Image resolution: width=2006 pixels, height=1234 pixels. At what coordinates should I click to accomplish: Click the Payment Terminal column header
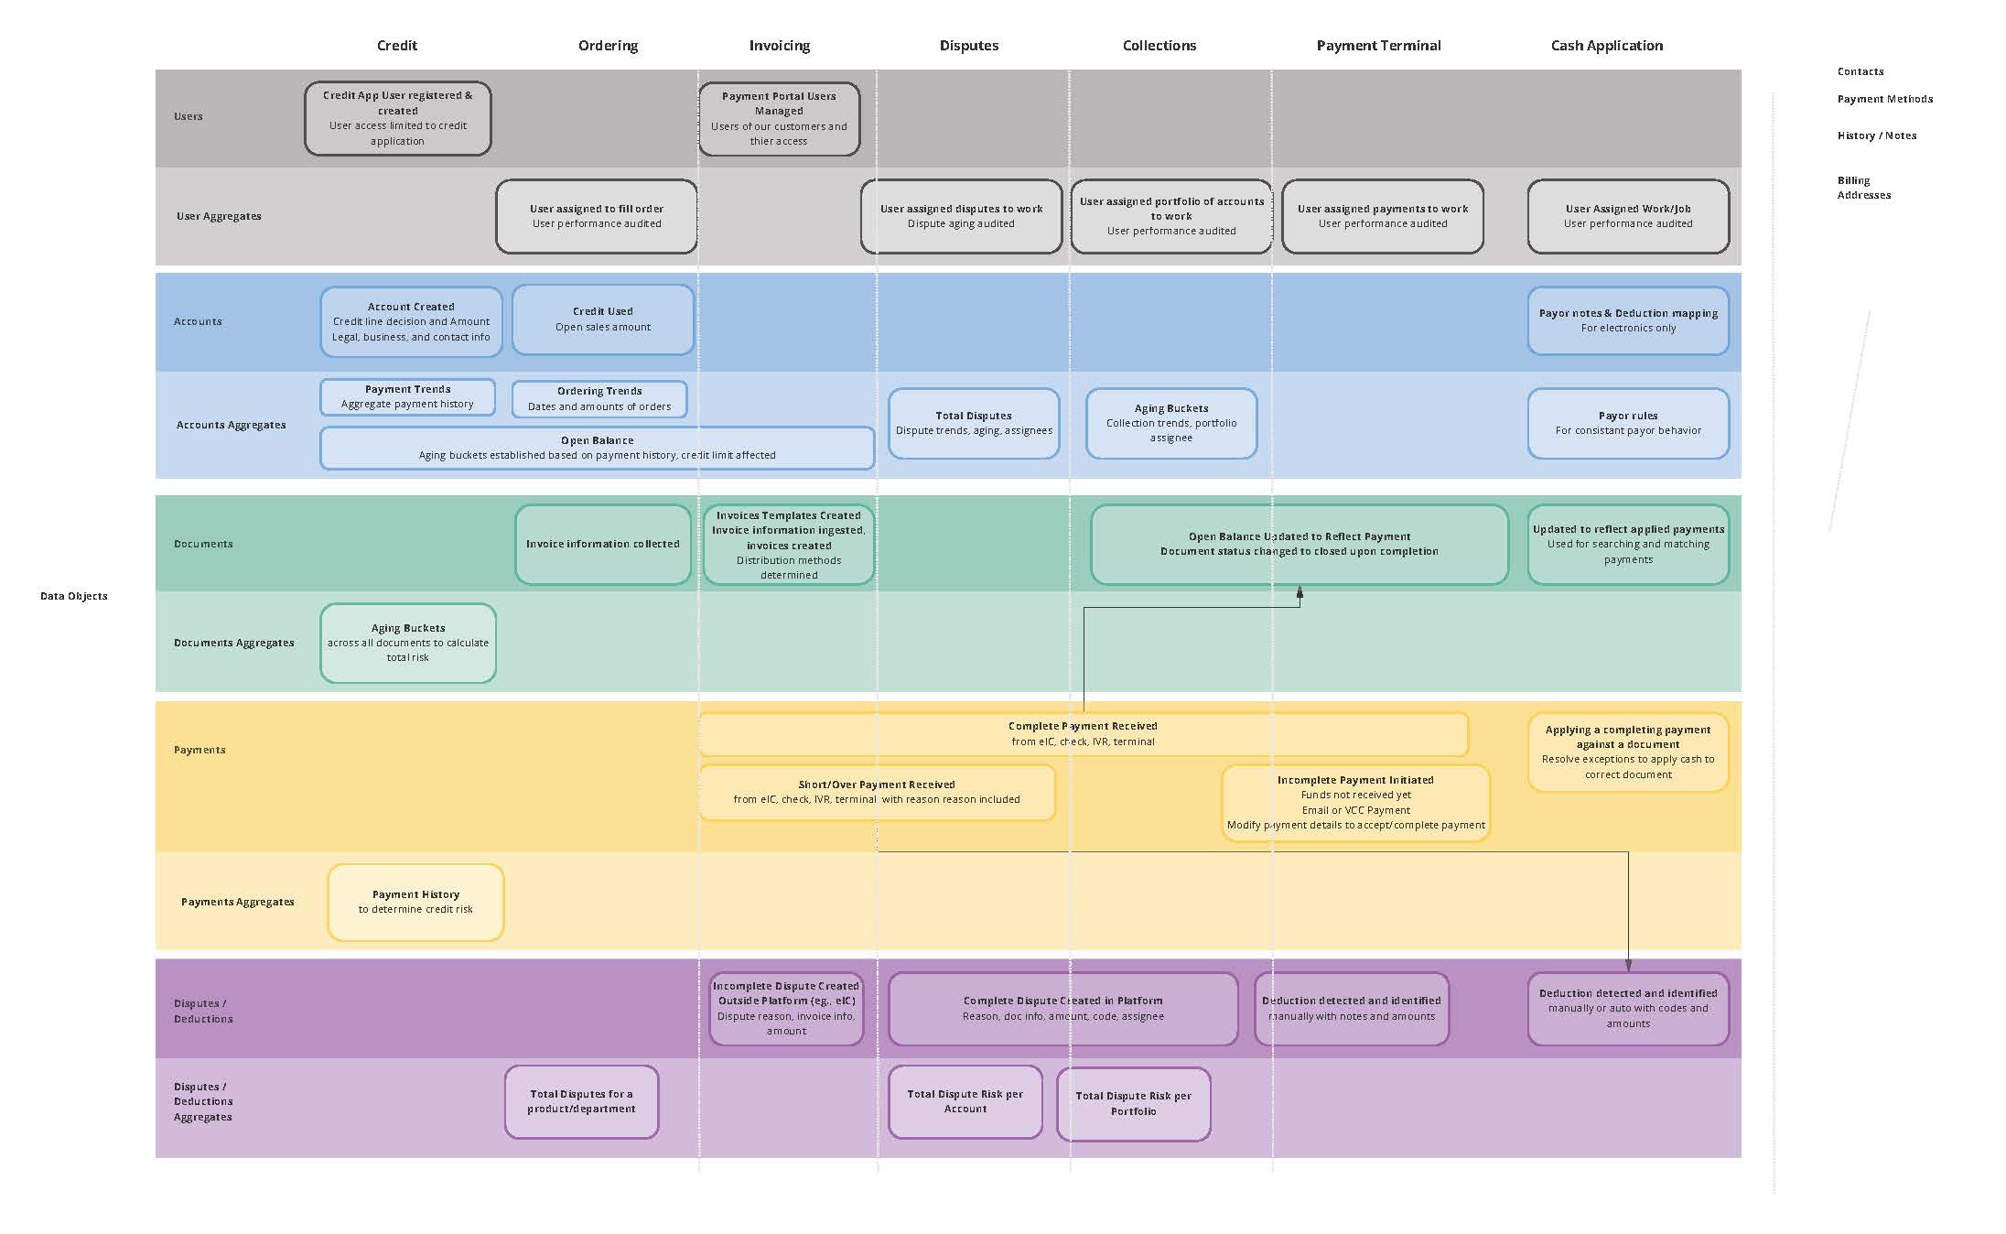(1377, 46)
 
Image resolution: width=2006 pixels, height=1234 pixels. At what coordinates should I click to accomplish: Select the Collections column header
(1159, 46)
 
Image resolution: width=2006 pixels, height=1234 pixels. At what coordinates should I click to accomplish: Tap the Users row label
(189, 116)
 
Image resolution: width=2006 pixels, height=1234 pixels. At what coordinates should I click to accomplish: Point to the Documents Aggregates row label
(234, 643)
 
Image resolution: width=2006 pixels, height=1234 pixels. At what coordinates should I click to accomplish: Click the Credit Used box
(602, 319)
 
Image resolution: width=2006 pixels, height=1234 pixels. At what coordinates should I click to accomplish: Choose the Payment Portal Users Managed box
(779, 119)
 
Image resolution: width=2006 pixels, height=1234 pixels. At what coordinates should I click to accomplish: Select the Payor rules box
(1627, 423)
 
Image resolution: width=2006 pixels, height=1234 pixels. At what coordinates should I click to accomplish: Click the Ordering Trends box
(599, 399)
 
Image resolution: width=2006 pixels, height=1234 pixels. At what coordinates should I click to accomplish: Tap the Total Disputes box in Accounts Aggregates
(974, 423)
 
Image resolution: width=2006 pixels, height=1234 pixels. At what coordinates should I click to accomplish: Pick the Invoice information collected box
(602, 544)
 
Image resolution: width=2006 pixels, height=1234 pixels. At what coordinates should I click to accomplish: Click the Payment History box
(415, 902)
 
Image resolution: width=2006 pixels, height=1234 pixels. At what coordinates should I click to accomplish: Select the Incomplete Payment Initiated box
(1355, 803)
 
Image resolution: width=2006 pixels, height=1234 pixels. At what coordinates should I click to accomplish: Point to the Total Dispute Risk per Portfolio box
(1133, 1104)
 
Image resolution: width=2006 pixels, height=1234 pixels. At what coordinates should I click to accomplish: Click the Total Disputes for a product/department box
(581, 1101)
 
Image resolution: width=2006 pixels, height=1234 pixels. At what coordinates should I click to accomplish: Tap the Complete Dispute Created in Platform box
(1062, 1009)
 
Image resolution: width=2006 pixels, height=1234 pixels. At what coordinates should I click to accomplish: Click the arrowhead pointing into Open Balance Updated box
(1300, 593)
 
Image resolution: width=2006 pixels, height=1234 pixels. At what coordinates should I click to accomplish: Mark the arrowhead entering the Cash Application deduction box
(1628, 965)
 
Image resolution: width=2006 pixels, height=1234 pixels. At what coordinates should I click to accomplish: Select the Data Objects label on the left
(74, 596)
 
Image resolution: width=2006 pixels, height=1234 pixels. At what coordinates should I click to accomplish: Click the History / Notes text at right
(1876, 135)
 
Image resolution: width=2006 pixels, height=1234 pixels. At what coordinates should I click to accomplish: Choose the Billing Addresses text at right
(1863, 188)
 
